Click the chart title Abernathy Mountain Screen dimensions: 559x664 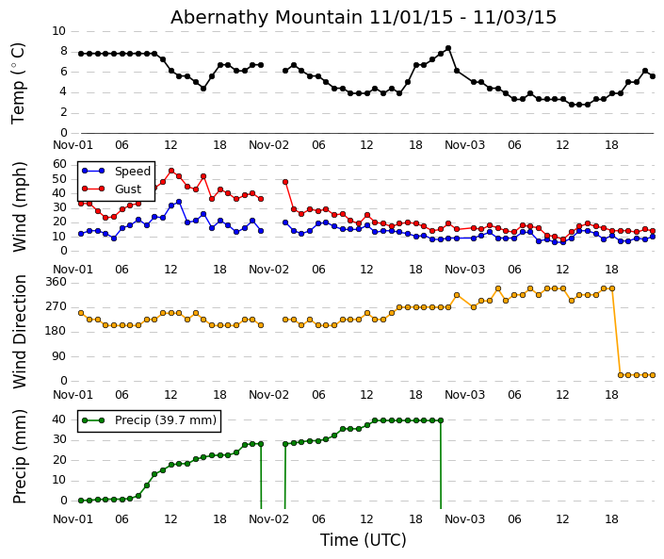pos(363,18)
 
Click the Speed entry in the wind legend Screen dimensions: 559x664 pos(131,172)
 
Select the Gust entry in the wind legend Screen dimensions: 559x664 pos(127,189)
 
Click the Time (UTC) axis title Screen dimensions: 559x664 pos(363,540)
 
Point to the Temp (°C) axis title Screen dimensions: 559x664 pos(19,82)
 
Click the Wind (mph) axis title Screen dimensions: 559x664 pos(20,206)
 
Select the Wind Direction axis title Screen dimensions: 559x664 pos(20,331)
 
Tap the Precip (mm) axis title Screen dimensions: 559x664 pos(20,456)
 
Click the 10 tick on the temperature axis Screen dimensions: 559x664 pos(58,31)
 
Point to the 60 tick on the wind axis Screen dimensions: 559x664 pos(58,163)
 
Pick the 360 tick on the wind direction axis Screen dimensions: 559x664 pos(56,282)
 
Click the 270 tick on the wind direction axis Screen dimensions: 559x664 pos(56,306)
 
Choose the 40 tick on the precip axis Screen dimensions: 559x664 pos(58,419)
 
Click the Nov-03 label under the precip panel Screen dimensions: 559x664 pos(464,519)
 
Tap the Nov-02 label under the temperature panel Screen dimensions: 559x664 pos(268,145)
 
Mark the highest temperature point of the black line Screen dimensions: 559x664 pos(447,48)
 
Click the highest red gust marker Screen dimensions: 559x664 pos(170,171)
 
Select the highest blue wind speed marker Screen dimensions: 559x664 pos(179,202)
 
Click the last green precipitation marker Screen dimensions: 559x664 pos(440,420)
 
